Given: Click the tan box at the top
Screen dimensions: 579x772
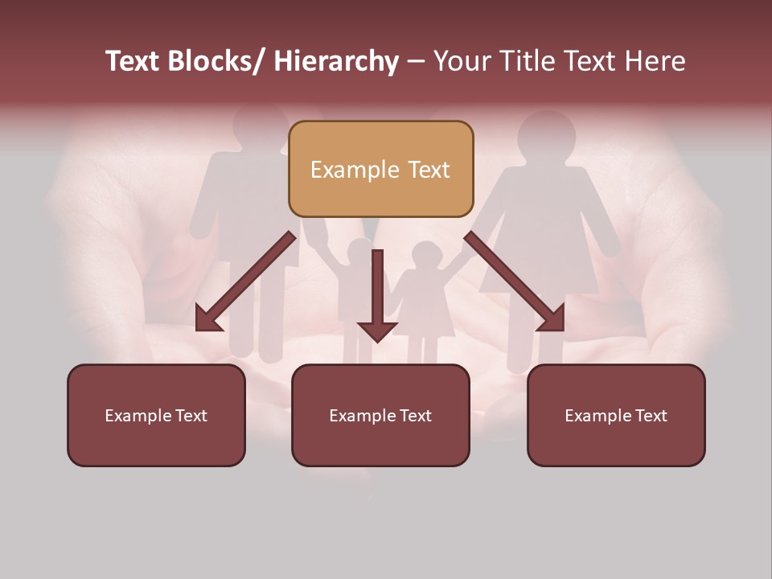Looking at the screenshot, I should coord(380,169).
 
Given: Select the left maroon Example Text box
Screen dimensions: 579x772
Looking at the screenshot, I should coord(156,415).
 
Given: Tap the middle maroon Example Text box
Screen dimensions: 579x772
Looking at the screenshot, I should coord(380,415).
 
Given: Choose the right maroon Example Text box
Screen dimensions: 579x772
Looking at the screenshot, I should coord(616,415).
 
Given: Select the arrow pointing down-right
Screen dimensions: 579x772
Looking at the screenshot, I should coord(515,281).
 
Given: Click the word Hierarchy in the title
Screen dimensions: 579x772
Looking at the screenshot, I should coord(335,62).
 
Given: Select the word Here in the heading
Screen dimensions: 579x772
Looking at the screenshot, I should coord(655,62).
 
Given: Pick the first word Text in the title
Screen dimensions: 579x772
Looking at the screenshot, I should coord(133,62).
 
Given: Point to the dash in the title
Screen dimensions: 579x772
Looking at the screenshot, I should coord(416,62).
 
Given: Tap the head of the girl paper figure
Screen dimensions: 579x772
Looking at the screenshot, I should coord(423,257).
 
